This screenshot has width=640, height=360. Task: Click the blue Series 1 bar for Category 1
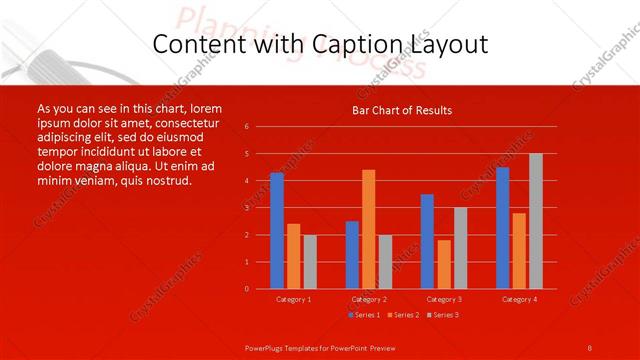point(277,231)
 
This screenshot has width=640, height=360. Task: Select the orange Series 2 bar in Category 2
point(369,229)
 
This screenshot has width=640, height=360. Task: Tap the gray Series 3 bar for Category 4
point(536,221)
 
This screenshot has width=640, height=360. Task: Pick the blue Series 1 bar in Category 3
point(427,241)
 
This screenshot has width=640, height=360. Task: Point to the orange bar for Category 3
point(444,264)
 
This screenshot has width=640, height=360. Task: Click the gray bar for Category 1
point(310,262)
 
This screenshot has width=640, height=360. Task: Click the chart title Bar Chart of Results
point(402,110)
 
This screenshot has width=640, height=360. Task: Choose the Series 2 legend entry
point(402,315)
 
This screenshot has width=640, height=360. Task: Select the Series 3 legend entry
point(443,315)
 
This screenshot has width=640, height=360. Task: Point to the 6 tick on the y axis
point(247,127)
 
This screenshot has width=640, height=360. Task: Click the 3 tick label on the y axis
point(247,208)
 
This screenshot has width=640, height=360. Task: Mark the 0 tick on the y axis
point(247,289)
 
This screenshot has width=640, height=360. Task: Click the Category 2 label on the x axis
point(369,299)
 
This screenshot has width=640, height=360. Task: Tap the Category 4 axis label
point(519,299)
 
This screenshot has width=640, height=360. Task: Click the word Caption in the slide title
point(349,45)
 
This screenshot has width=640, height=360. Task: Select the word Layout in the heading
point(447,45)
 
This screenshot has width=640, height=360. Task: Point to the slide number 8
point(590,347)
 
